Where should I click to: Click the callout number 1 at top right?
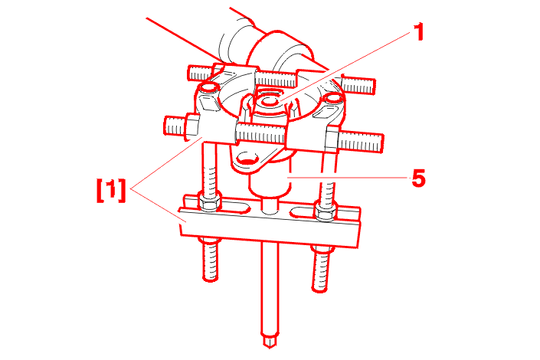tap(418, 32)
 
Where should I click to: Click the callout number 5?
tap(418, 178)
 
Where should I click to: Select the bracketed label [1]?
tap(111, 190)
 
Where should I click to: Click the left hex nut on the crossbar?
tap(208, 203)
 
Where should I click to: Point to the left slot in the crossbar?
tap(234, 208)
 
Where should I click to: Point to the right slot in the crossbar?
tap(304, 213)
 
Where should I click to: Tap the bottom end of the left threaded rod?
tap(210, 278)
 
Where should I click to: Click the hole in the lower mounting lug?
tap(248, 159)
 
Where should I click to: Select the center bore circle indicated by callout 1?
tap(270, 101)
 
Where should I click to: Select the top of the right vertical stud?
tap(333, 99)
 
